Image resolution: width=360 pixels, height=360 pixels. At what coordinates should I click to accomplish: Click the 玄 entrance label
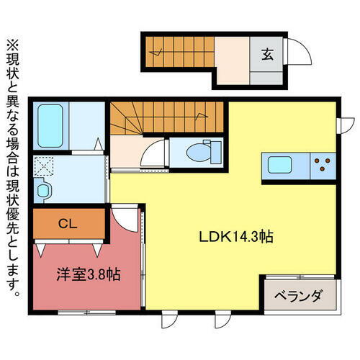click(266, 53)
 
